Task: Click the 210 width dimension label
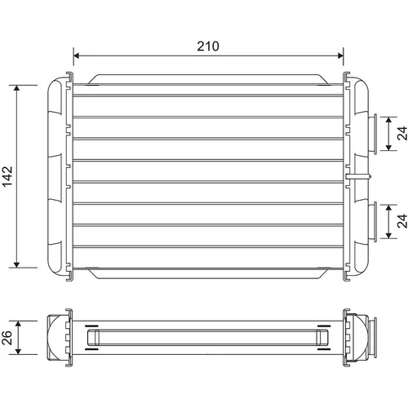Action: (208, 47)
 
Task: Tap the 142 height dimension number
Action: (7, 176)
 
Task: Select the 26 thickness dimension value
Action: (7, 338)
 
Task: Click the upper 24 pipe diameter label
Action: (402, 133)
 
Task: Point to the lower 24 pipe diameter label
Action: (402, 221)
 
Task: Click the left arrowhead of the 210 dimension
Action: (76, 55)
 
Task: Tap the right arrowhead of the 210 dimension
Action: (340, 55)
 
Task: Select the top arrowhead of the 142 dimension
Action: (17, 88)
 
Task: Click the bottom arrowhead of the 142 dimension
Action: (17, 264)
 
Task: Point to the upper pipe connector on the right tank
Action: (372, 134)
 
